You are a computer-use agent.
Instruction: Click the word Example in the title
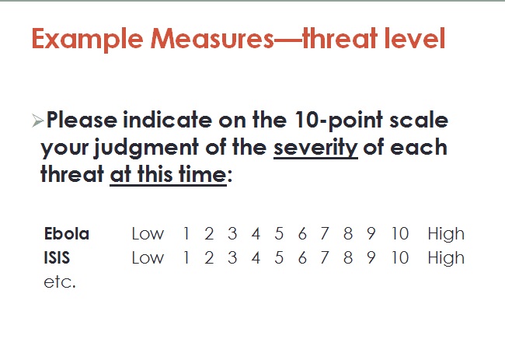(87, 39)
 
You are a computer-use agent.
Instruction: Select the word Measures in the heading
(212, 39)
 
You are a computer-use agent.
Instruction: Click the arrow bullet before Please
(38, 121)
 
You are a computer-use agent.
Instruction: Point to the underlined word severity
(315, 148)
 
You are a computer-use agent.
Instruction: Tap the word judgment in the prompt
(146, 148)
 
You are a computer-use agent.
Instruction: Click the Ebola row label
(67, 233)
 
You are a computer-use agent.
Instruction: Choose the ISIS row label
(57, 257)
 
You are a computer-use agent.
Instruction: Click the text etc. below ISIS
(60, 282)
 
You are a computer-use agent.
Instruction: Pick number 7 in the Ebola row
(325, 233)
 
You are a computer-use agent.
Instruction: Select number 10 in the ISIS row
(399, 257)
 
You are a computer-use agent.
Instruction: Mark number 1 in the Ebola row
(186, 233)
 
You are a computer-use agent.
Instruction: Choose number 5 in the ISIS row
(279, 257)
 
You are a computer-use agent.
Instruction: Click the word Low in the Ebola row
(148, 233)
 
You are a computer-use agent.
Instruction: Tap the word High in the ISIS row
(446, 258)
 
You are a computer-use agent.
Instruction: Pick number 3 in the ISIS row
(232, 257)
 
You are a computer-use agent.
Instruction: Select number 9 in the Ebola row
(371, 233)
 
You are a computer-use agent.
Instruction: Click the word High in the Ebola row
(446, 234)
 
